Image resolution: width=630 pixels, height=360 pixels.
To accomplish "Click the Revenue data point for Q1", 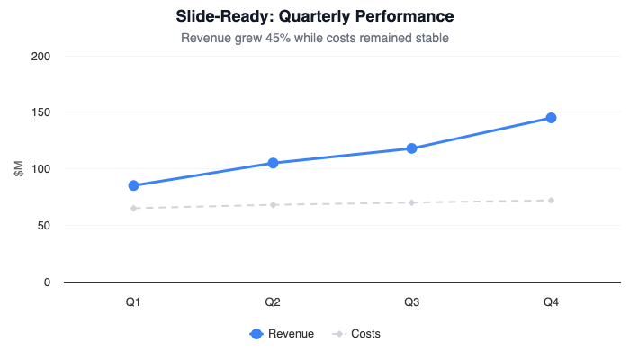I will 133,185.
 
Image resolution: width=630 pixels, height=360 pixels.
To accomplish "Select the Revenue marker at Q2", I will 273,163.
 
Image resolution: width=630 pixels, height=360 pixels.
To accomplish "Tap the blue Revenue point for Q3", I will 411,148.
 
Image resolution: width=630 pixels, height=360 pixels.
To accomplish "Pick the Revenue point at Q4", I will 551,118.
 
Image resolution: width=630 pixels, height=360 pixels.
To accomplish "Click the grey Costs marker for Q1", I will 133,208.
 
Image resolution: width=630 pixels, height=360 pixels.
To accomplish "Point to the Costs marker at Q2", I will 273,205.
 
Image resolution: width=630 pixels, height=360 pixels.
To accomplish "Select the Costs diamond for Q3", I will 411,202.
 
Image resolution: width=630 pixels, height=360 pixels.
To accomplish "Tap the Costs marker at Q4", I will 551,200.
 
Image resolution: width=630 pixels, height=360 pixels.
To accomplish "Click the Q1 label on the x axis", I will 133,302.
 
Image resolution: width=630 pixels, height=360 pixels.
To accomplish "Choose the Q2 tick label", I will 273,302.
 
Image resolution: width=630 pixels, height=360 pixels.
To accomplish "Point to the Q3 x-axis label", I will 411,302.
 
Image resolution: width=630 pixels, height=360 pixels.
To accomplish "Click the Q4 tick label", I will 551,302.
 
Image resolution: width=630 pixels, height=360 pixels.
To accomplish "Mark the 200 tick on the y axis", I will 40,56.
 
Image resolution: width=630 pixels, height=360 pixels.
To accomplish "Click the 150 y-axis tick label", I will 40,112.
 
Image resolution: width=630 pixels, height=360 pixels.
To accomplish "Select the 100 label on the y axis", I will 40,169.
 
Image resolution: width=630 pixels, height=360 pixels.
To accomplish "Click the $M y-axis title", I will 19,169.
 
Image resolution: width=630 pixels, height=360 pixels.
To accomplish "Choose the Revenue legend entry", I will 282,334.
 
